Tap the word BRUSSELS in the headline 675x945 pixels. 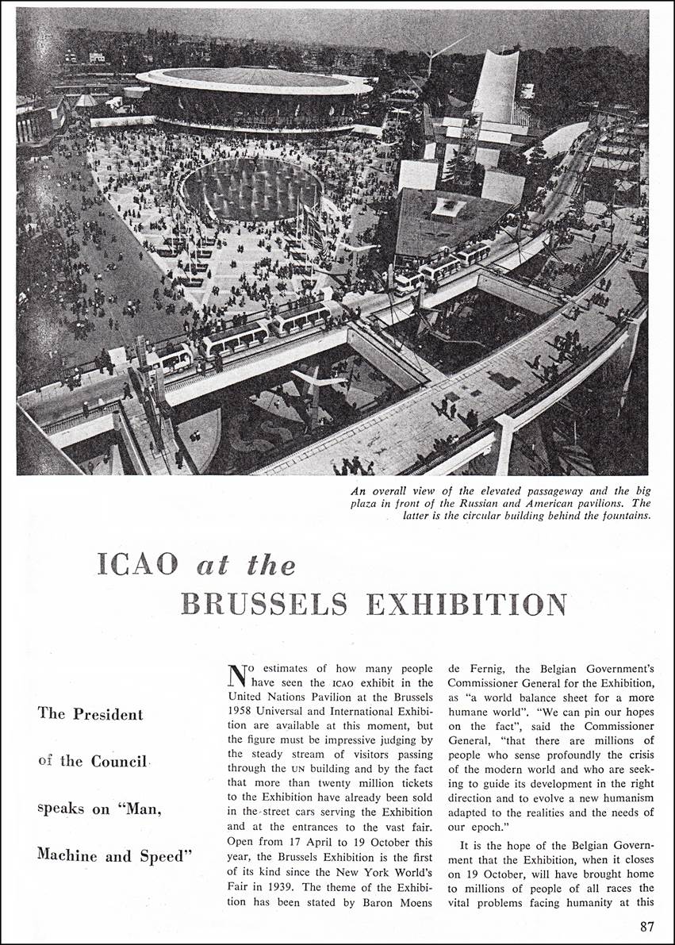(x=264, y=604)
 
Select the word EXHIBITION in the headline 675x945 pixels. (x=466, y=604)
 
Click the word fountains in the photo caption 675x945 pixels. (x=621, y=517)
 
